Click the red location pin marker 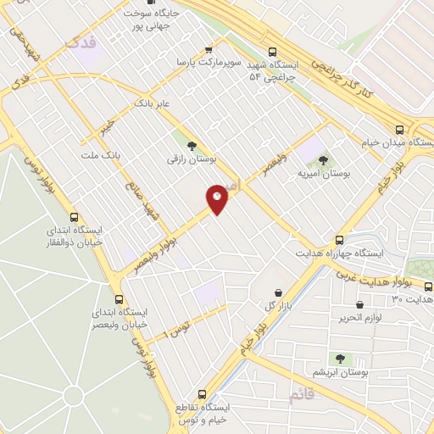click(217, 199)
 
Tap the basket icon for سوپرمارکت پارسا click(209, 50)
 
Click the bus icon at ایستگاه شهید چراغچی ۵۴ click(271, 51)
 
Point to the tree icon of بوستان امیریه click(323, 159)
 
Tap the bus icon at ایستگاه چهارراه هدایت click(339, 240)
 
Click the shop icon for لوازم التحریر click(360, 304)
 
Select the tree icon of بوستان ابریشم click(340, 359)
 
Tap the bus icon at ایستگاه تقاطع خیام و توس click(202, 394)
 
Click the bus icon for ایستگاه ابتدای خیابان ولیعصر click(119, 299)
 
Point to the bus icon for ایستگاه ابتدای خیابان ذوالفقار click(74, 217)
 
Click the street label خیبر click(105, 126)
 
